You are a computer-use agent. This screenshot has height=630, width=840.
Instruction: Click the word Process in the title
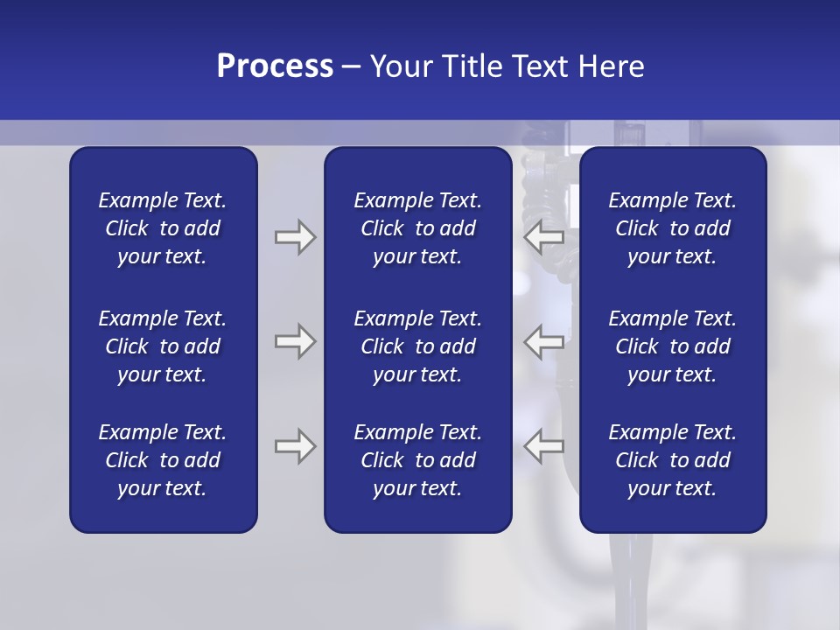[x=275, y=66]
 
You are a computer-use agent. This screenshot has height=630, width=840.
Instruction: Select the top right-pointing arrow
[x=295, y=236]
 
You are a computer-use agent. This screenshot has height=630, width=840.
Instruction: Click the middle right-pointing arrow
[x=295, y=341]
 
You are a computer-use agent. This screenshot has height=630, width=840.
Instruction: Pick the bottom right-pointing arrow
[x=295, y=446]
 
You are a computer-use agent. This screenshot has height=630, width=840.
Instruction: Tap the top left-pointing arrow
[x=543, y=236]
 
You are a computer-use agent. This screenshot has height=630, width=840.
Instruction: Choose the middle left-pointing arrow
[x=543, y=341]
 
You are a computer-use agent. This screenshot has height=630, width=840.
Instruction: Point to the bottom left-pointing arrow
[x=543, y=446]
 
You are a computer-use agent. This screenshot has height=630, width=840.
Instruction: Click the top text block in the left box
[x=163, y=228]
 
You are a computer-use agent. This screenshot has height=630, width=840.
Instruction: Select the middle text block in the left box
[x=163, y=346]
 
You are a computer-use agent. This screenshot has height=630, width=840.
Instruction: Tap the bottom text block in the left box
[x=163, y=460]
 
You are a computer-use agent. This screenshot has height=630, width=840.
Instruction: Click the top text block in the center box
[x=417, y=228]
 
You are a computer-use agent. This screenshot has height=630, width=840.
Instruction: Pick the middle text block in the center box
[x=417, y=346]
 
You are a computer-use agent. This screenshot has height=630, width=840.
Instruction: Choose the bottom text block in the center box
[x=417, y=460]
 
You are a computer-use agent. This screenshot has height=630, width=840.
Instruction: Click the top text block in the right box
[x=672, y=228]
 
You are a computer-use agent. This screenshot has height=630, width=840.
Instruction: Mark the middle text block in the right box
[x=672, y=346]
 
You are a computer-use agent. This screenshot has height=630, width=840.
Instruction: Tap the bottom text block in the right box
[x=672, y=460]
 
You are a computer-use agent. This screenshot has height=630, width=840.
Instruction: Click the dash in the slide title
[x=352, y=67]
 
